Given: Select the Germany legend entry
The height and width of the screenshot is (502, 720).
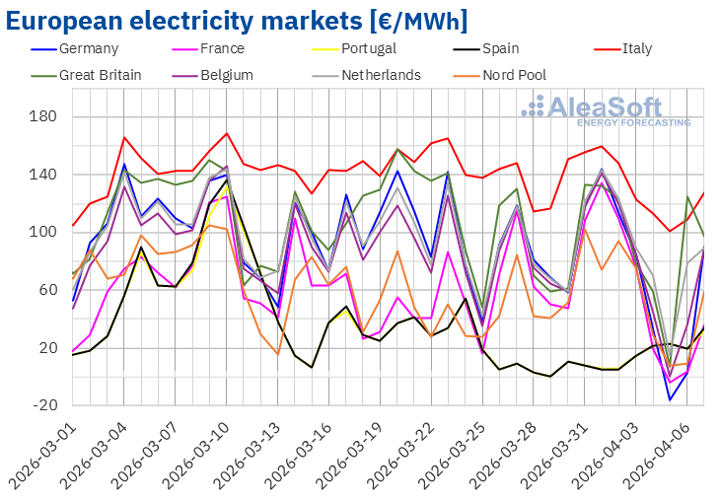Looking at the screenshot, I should point(88,48).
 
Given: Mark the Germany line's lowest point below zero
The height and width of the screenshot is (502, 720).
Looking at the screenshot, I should point(670,399).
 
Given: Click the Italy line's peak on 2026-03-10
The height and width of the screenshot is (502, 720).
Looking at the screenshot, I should point(227,133).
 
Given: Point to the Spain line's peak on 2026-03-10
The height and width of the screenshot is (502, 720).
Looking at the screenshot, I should point(227,181).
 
